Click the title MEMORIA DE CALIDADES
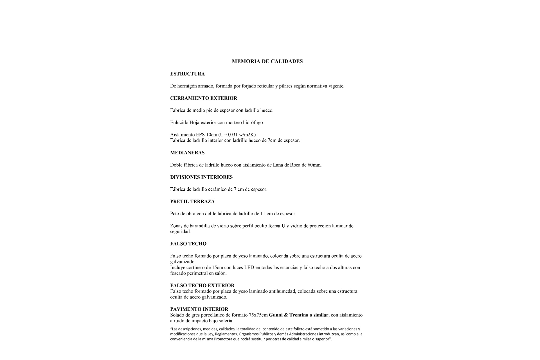pyautogui.click(x=267, y=61)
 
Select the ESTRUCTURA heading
pyautogui.click(x=187, y=74)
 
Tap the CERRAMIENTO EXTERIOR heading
pyautogui.click(x=204, y=98)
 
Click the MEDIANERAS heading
pyautogui.click(x=187, y=153)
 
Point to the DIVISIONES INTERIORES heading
pyautogui.click(x=201, y=177)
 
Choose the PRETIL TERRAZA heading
pyautogui.click(x=192, y=202)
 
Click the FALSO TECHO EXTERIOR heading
pyautogui.click(x=202, y=285)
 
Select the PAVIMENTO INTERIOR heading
pyautogui.click(x=199, y=309)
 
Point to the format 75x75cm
pyautogui.click(x=258, y=315)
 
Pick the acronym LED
pyautogui.click(x=249, y=267)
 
